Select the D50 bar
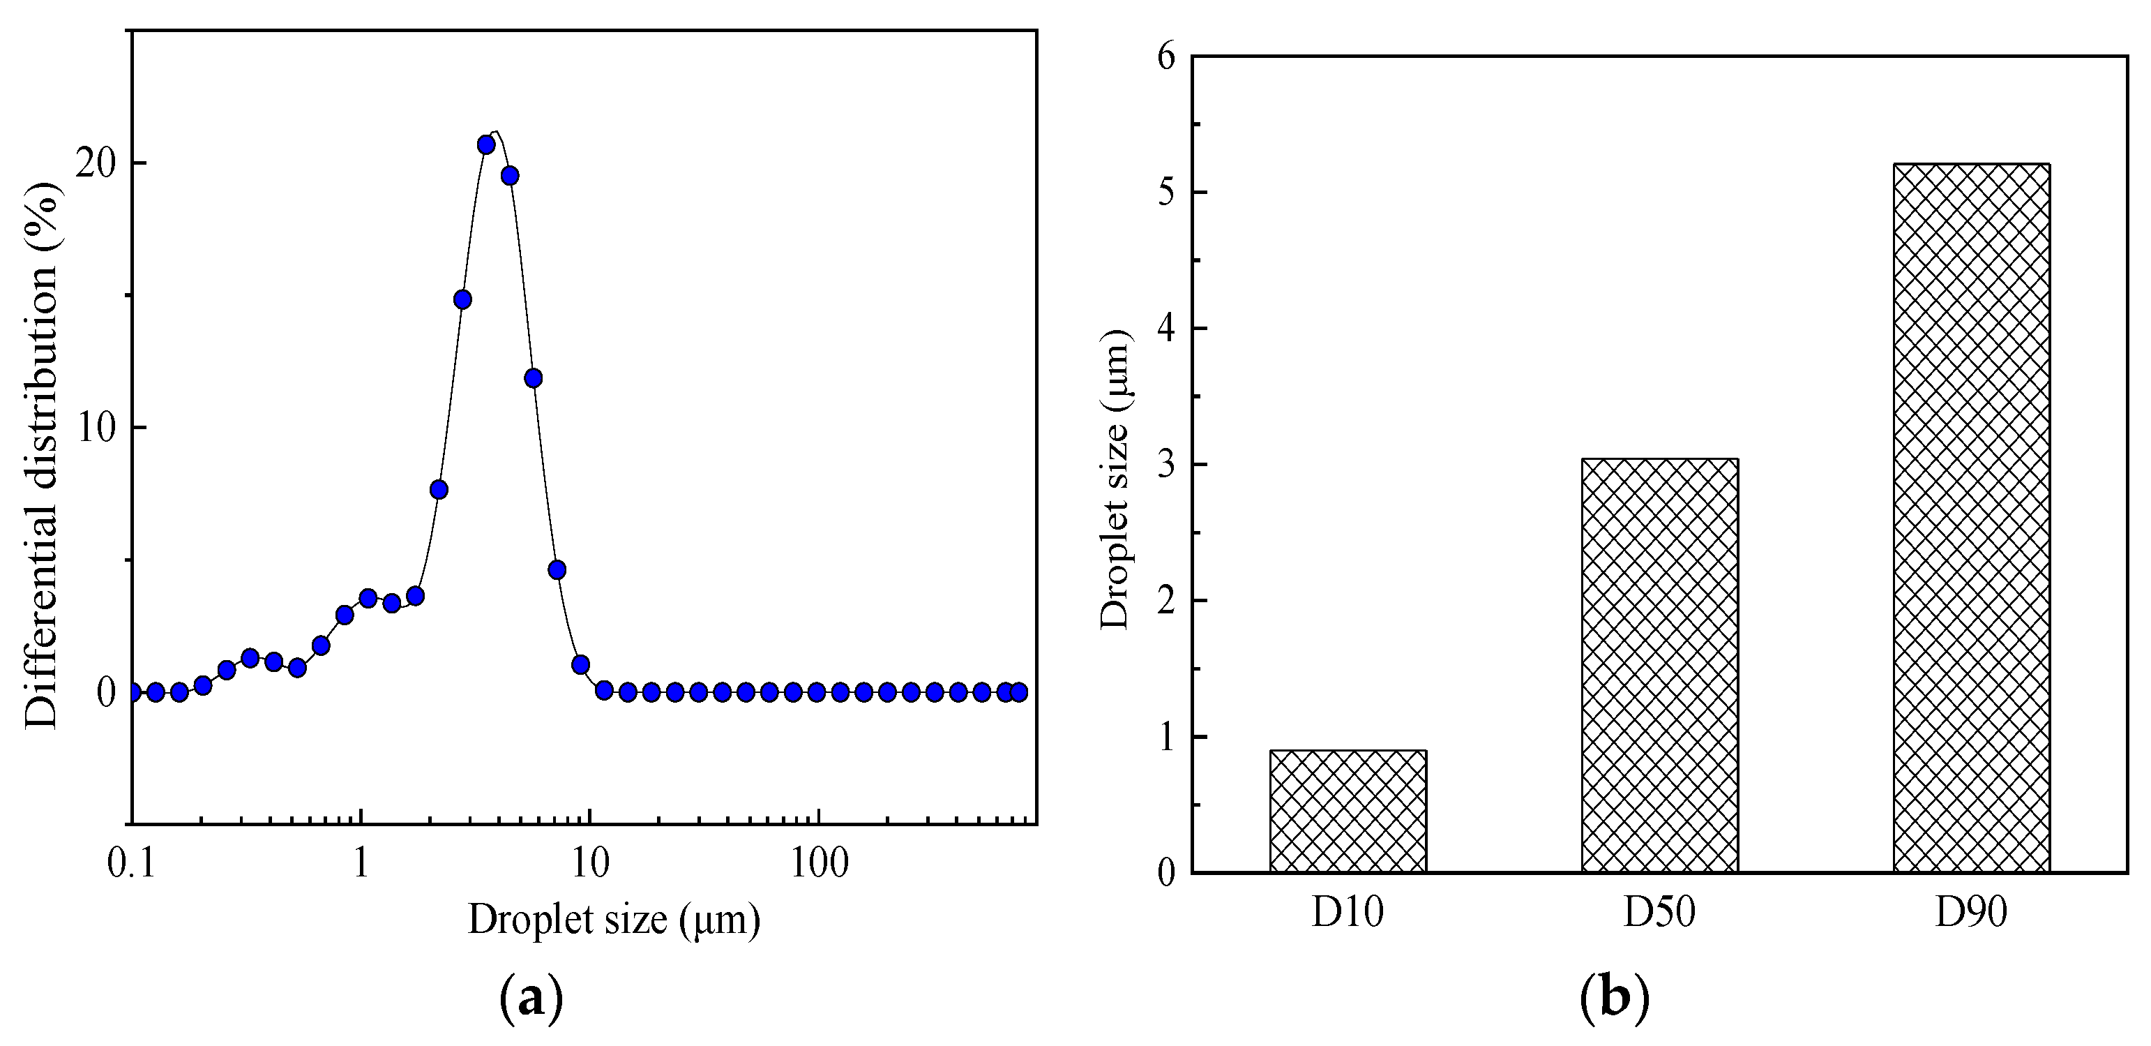1659,666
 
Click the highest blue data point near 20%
486,144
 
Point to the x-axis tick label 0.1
131,864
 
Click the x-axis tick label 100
818,864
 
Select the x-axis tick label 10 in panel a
589,864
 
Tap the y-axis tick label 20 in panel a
94,164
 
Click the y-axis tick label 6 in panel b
1165,58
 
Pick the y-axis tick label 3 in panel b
1165,465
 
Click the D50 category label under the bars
1659,912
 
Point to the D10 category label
1348,912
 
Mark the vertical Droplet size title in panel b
1115,479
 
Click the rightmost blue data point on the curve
1018,692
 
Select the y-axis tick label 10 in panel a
94,428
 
